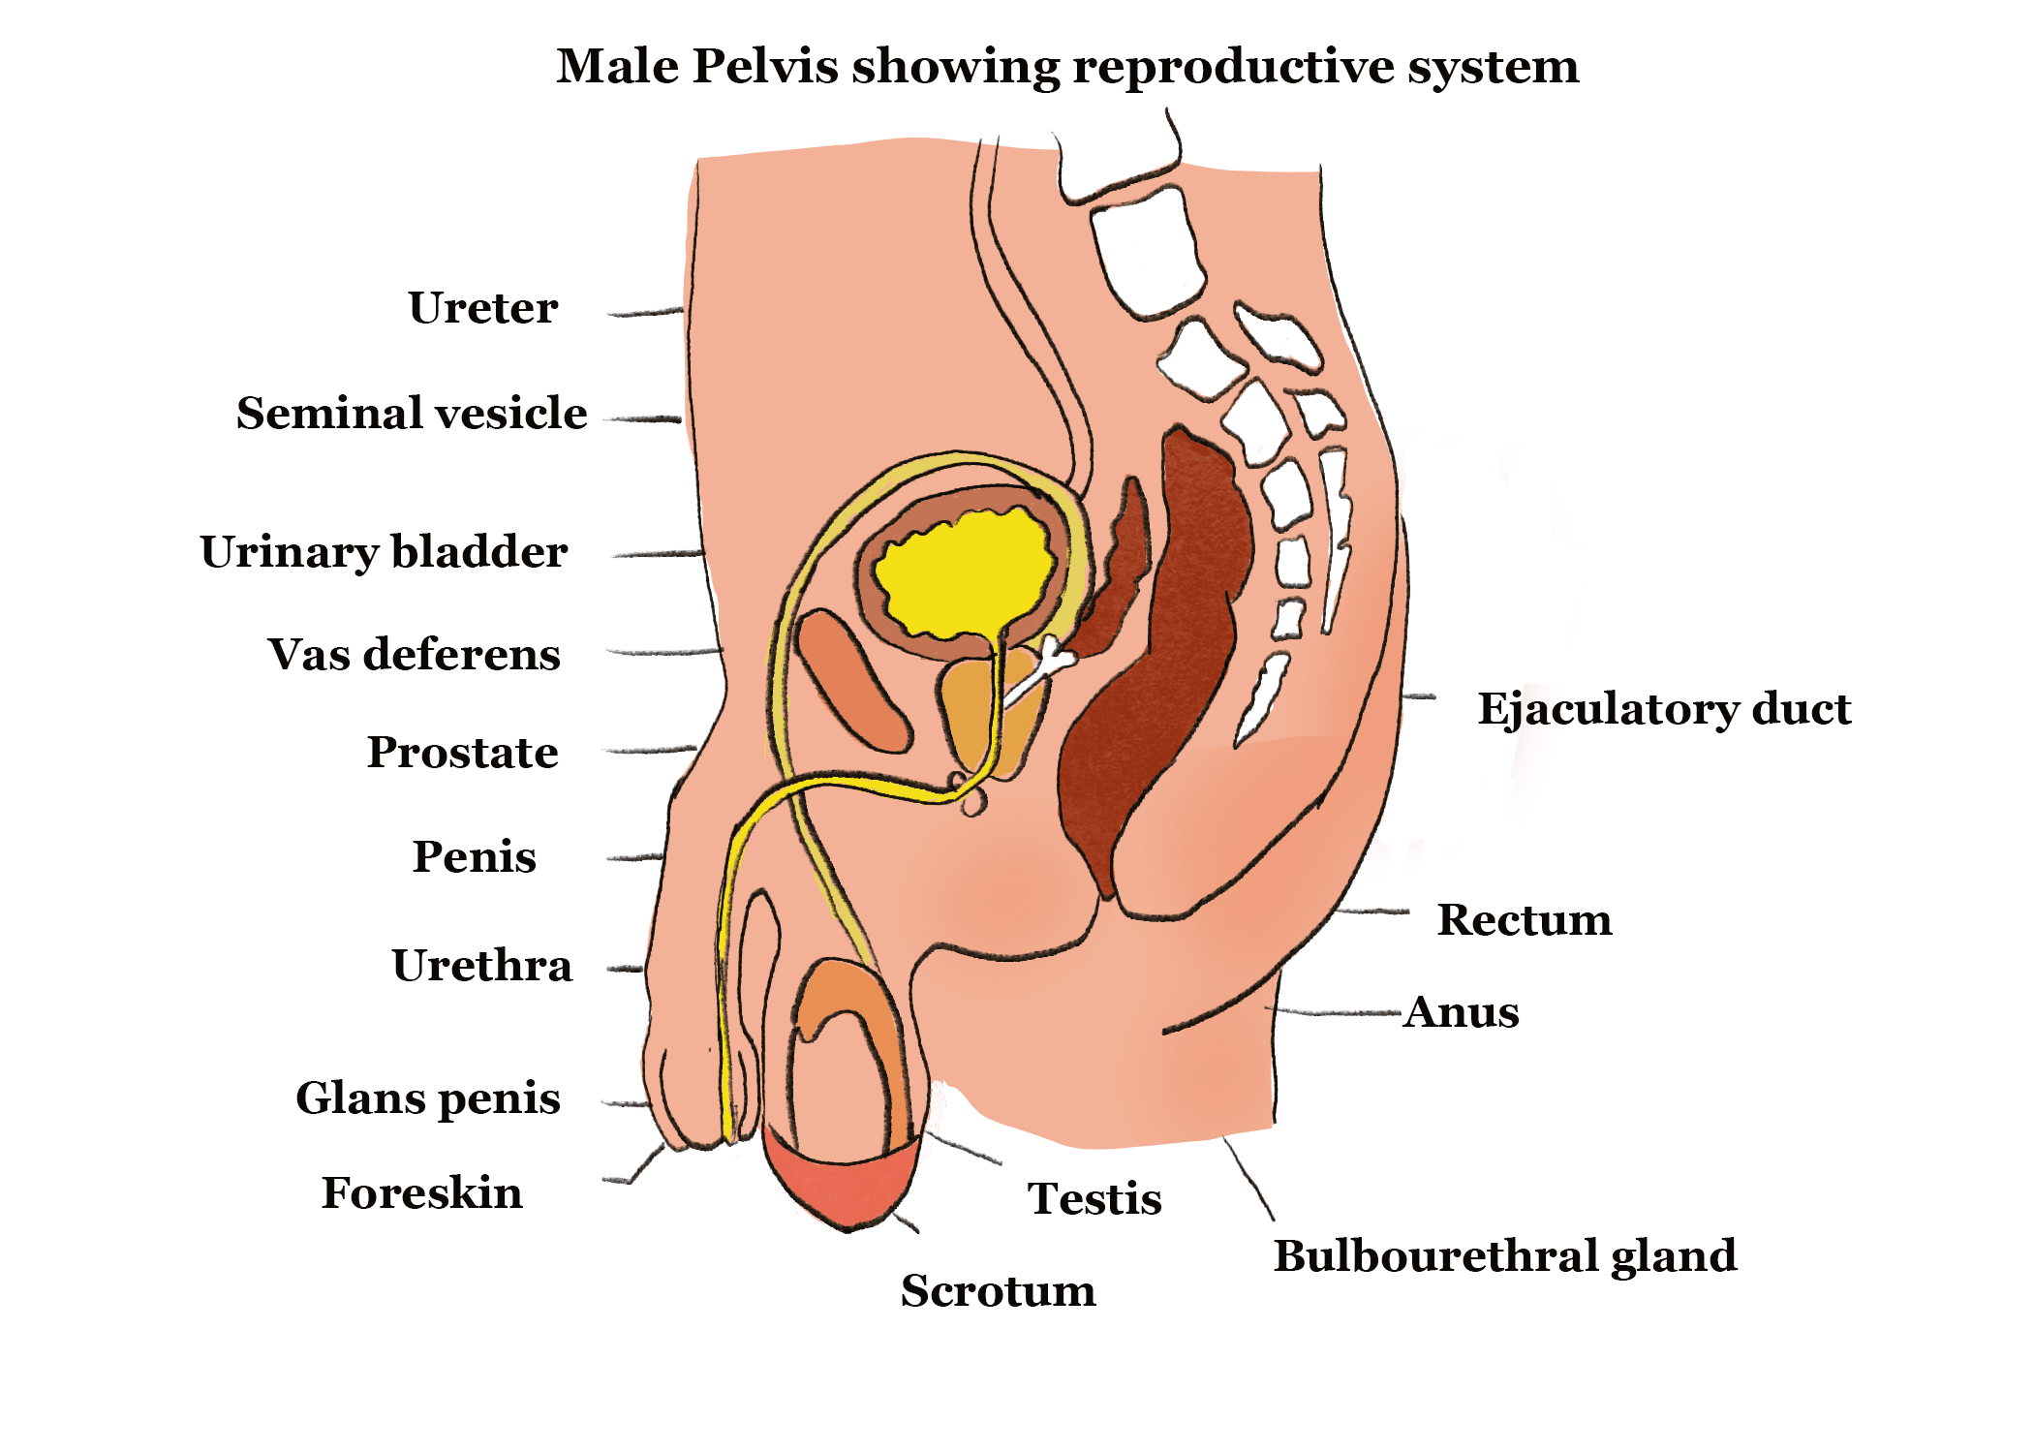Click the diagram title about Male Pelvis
[x=1067, y=66]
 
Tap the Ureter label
[x=482, y=308]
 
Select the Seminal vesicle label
[x=412, y=413]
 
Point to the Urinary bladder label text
[x=384, y=551]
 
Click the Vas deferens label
[x=414, y=654]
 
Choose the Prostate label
[x=462, y=752]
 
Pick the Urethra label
[x=481, y=965]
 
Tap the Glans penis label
[x=427, y=1097]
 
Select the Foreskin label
[x=421, y=1192]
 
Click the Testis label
[x=1094, y=1198]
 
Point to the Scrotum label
[x=998, y=1290]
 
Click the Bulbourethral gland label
[x=1504, y=1255]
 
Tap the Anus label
[x=1462, y=1011]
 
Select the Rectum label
[x=1524, y=919]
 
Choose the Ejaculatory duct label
[x=1663, y=708]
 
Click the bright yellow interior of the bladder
[x=964, y=572]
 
